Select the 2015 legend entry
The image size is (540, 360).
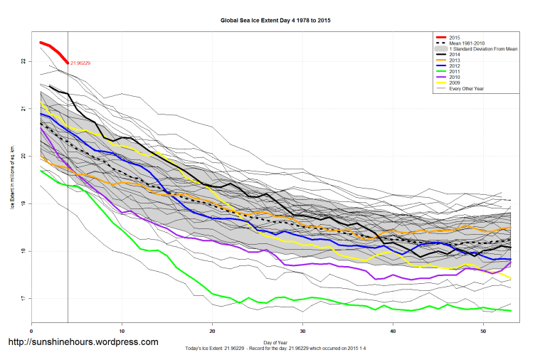[x=455, y=37]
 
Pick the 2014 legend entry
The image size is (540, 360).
[x=455, y=55]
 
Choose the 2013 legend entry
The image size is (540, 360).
[x=455, y=60]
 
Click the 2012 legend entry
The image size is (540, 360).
[x=455, y=66]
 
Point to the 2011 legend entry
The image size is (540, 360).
[x=455, y=72]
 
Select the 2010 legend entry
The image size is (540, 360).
[x=455, y=78]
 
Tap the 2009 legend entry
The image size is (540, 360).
[x=455, y=83]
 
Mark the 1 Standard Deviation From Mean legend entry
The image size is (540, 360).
[x=484, y=49]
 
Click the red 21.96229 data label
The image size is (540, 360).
[x=80, y=63]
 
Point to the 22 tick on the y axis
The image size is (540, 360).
[x=23, y=61]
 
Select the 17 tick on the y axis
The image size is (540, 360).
[x=23, y=299]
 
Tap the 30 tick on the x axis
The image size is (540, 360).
[x=302, y=331]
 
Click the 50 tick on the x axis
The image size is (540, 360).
[x=483, y=331]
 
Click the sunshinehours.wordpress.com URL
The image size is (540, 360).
[x=83, y=342]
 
